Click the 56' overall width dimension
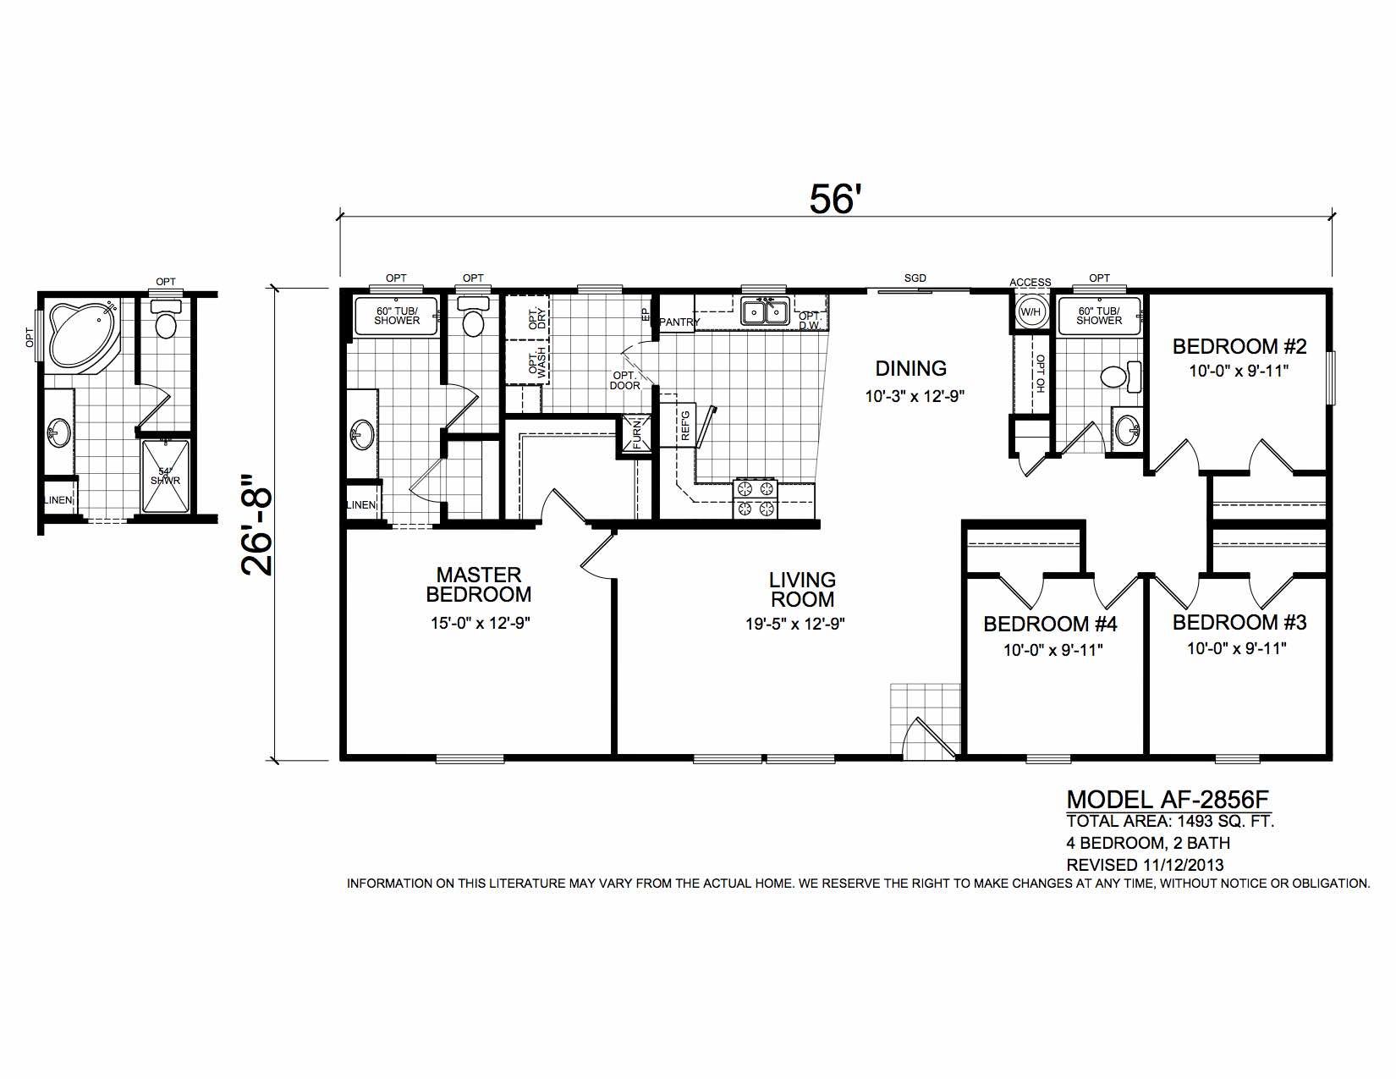(x=834, y=199)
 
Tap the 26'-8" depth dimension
(x=257, y=525)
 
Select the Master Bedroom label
(x=479, y=584)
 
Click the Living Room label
(x=802, y=589)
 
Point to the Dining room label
(x=911, y=368)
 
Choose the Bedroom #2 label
(x=1239, y=346)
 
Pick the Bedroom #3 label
(x=1239, y=622)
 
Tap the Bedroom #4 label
(x=1050, y=624)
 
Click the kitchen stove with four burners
(x=756, y=498)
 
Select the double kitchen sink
(x=765, y=312)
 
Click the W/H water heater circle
(x=1030, y=312)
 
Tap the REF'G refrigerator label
(x=685, y=425)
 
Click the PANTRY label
(x=679, y=322)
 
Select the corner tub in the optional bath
(x=84, y=334)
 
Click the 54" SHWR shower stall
(x=166, y=476)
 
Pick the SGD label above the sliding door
(x=915, y=278)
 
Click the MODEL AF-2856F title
(x=1168, y=800)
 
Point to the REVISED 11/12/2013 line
(x=1145, y=864)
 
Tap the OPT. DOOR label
(x=625, y=381)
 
